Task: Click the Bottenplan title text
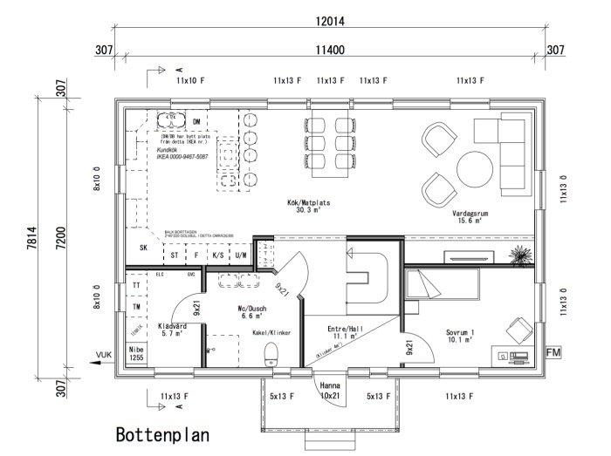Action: pyautogui.click(x=163, y=433)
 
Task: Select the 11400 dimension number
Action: pyautogui.click(x=332, y=50)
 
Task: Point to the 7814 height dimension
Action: pyautogui.click(x=31, y=236)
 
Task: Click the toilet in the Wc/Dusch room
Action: pyautogui.click(x=271, y=353)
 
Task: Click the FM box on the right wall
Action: pyautogui.click(x=553, y=352)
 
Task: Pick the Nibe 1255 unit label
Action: pyautogui.click(x=137, y=353)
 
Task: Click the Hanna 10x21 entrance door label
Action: pyautogui.click(x=329, y=389)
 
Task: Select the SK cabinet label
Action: pyautogui.click(x=143, y=247)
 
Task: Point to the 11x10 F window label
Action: pyautogui.click(x=189, y=80)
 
